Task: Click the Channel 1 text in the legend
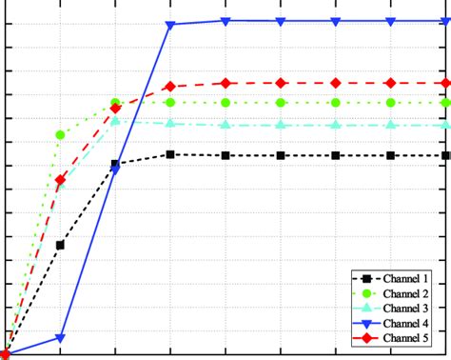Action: tap(406, 278)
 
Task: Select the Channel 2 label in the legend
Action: tap(406, 293)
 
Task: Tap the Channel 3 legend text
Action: tap(406, 308)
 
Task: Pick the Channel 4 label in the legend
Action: tap(406, 323)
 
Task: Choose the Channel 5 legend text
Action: tap(406, 338)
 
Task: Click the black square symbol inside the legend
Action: tap(364, 278)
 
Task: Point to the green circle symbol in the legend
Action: tap(364, 293)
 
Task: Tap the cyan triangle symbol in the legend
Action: tap(364, 308)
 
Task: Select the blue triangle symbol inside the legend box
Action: tap(364, 323)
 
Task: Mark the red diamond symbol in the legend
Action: tap(364, 338)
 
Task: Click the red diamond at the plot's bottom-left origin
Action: tap(6, 354)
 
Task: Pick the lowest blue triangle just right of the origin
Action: tap(61, 338)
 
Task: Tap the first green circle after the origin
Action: tap(61, 135)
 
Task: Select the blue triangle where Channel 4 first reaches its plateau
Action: tap(170, 25)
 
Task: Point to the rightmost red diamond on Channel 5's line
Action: tap(445, 84)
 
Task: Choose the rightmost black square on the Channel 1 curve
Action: tap(445, 155)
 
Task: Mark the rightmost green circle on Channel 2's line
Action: tap(445, 102)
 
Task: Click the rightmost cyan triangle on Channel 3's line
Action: tap(445, 125)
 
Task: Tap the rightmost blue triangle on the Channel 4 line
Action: tap(445, 21)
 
